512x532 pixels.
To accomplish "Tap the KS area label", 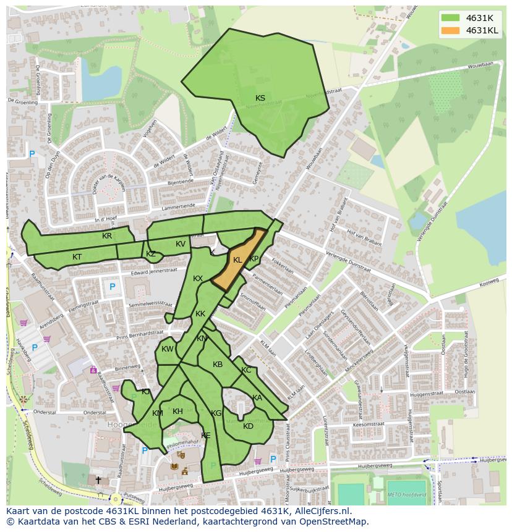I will pos(260,98).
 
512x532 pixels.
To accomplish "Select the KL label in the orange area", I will pos(237,260).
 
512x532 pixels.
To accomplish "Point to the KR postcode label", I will pos(107,236).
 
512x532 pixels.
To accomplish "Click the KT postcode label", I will pos(77,256).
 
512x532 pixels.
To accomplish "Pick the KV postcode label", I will pos(180,244).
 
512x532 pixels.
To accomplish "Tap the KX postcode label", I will pos(198,279).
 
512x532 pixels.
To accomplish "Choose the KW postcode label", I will pos(167,349).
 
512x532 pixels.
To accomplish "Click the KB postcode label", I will pos(218,365).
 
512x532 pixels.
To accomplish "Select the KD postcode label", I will pos(248,426).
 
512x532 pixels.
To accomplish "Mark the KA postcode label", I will pos(257,398).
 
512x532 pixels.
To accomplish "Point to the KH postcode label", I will pos(177,412).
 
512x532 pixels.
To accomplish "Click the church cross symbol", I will pos(98,479).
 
